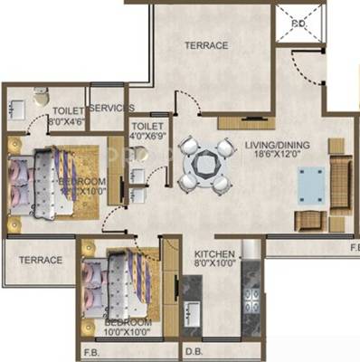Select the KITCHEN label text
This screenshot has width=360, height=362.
[214, 255]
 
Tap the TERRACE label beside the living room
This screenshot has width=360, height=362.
[206, 44]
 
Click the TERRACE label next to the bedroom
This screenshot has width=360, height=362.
[41, 260]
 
